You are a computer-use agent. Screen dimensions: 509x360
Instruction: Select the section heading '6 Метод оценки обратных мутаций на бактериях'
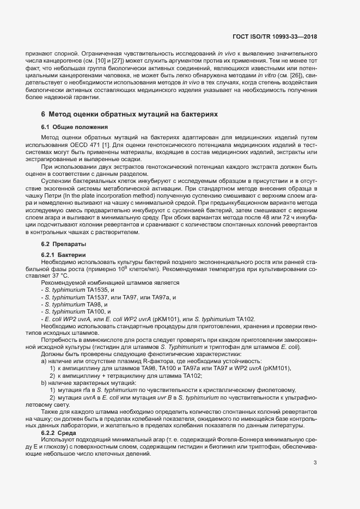[x=130, y=115]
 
